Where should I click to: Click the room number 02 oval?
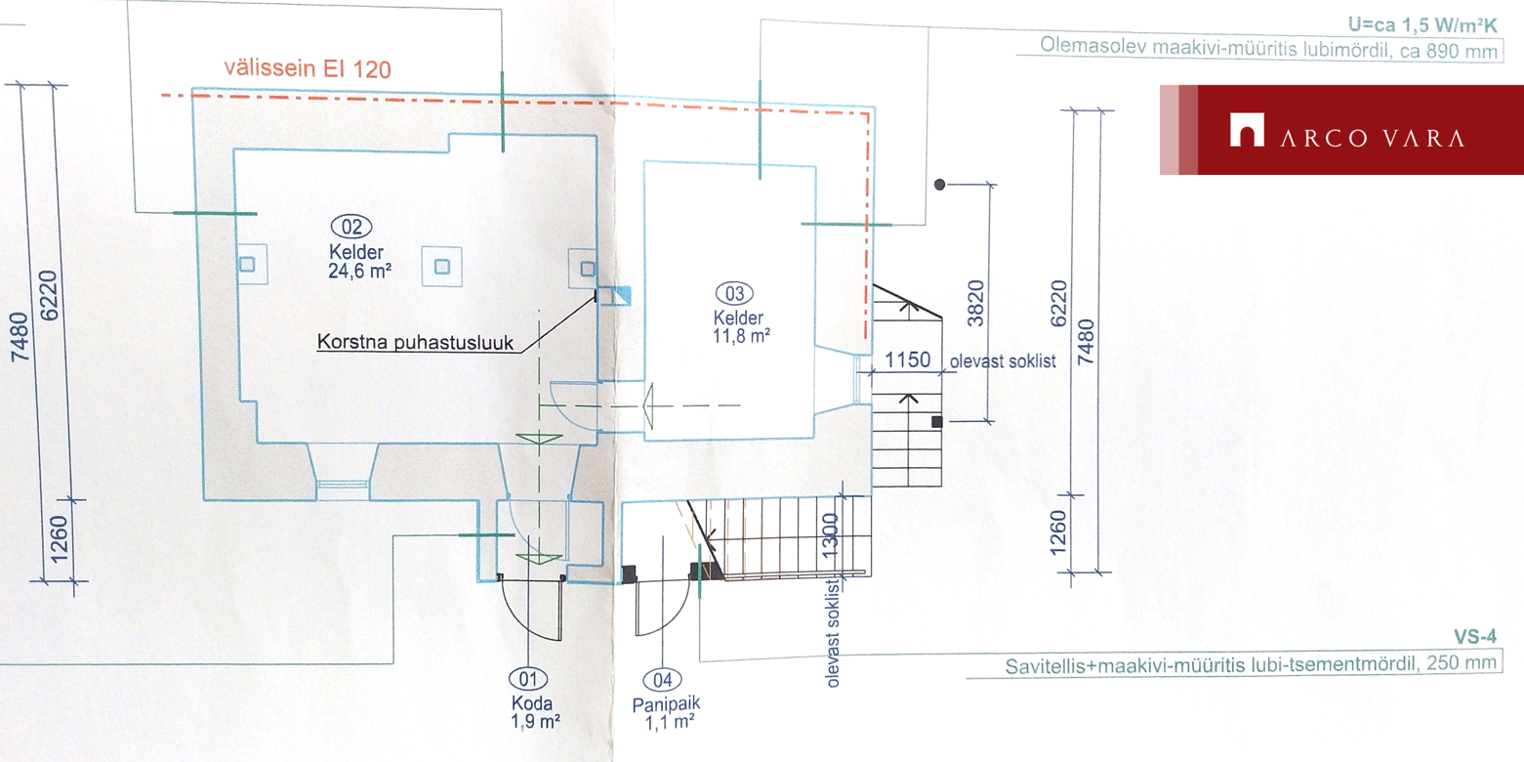pos(351,227)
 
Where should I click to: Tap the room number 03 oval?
pos(734,293)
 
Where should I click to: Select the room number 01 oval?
pos(528,679)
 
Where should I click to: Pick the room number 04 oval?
pos(662,680)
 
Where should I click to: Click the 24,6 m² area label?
pos(359,271)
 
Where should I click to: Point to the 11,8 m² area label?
pos(741,336)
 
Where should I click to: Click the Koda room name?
pos(532,702)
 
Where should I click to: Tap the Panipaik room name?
pos(666,704)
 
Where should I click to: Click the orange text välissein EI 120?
pos(308,68)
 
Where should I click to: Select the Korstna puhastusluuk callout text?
pos(415,342)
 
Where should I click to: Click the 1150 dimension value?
pos(908,360)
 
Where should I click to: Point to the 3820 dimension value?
pos(976,303)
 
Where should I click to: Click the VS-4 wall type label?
pos(1475,637)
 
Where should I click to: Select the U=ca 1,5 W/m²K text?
pos(1422,25)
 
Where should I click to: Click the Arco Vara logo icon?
pos(1247,129)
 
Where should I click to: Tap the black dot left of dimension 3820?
pos(939,185)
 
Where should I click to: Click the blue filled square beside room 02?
pos(621,296)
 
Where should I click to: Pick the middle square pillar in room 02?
pos(442,267)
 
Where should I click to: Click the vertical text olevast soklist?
pos(832,633)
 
